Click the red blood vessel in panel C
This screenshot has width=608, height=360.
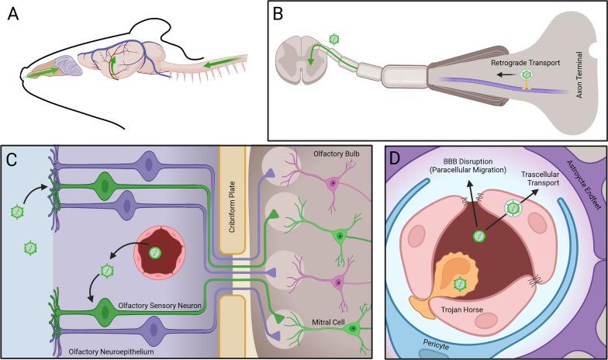(x=155, y=253)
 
